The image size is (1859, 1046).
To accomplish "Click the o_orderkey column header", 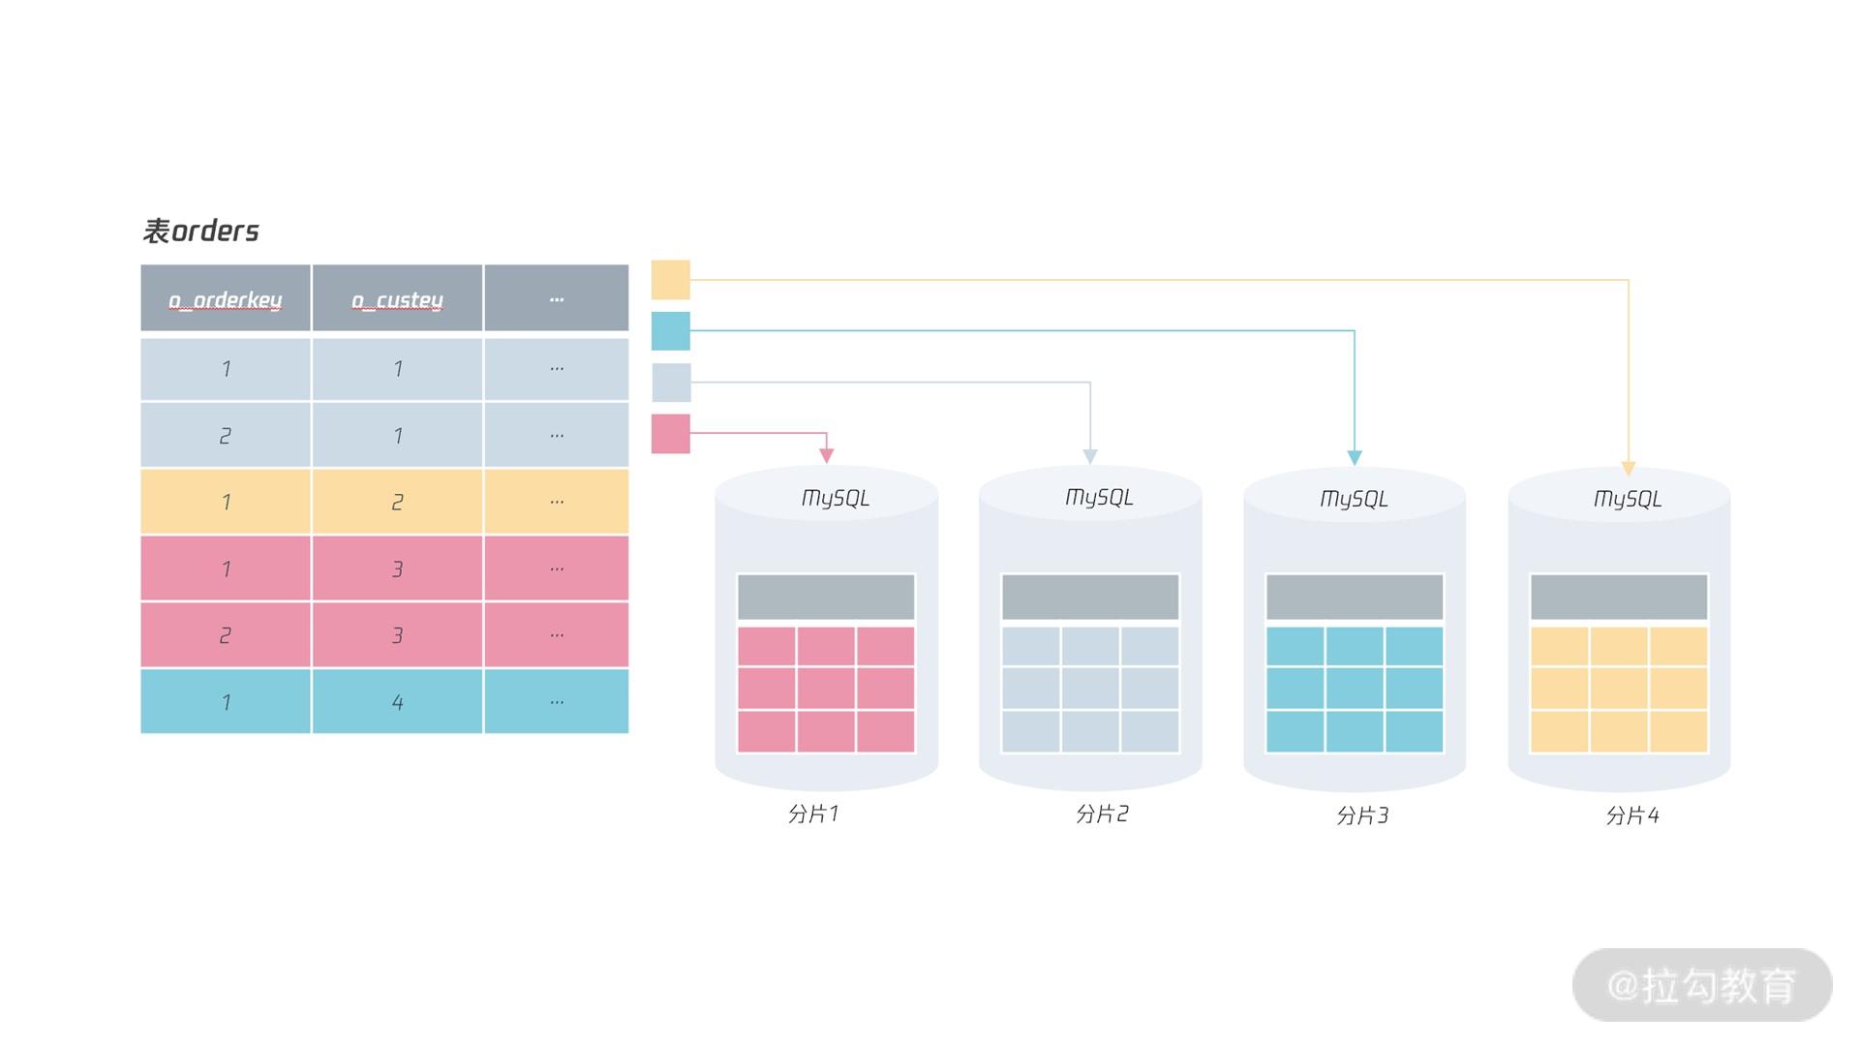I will [x=226, y=299].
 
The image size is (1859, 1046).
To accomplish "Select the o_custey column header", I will [x=397, y=299].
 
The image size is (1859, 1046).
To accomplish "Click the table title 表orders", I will [x=201, y=231].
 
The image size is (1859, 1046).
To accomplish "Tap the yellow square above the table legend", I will [x=670, y=280].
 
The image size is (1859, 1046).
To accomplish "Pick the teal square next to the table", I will [x=670, y=331].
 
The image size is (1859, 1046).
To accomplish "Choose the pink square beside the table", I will [x=670, y=434].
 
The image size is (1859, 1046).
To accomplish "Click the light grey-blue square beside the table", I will [x=671, y=383].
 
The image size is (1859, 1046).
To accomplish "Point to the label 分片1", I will [x=813, y=814].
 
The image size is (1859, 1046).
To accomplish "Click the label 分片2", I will [x=1102, y=814].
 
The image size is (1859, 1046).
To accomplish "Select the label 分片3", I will [x=1362, y=815].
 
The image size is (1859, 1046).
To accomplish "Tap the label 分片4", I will [x=1632, y=815].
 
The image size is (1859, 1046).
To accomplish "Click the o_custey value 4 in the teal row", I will [x=397, y=702].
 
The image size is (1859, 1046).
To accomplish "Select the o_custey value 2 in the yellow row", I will [x=397, y=502].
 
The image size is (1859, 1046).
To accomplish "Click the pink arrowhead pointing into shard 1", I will [x=827, y=455].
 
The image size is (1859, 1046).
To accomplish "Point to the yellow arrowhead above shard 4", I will [x=1629, y=468].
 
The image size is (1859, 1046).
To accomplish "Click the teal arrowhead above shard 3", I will [x=1355, y=457].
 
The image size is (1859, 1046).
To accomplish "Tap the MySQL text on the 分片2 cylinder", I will [x=1099, y=497].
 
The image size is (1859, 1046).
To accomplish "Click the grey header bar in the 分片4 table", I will [x=1619, y=597].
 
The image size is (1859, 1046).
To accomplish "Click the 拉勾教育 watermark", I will [x=1701, y=986].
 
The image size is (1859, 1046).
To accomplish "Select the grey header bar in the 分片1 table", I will [x=826, y=597].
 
